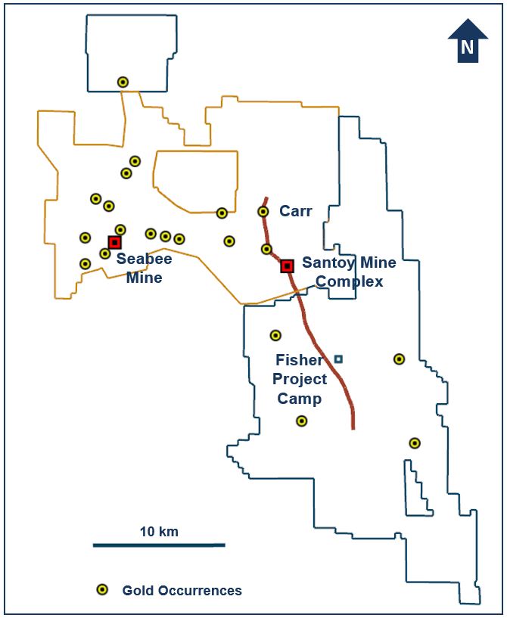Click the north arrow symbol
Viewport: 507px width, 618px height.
(x=468, y=41)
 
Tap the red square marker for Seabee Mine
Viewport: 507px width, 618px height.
(x=114, y=242)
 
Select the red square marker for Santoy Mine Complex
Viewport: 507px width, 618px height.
(x=287, y=266)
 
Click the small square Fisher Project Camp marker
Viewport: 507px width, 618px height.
(x=338, y=359)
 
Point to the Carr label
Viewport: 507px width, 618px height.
(x=295, y=211)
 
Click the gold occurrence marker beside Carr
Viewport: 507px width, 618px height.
(x=263, y=212)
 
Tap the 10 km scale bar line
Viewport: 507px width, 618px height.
(x=159, y=545)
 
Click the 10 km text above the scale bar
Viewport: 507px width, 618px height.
(x=159, y=531)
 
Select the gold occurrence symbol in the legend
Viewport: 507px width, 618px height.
(x=101, y=590)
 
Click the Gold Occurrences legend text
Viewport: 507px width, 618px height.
(x=182, y=590)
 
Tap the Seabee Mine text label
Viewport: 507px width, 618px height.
(x=144, y=268)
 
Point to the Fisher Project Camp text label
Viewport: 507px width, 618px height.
(x=300, y=379)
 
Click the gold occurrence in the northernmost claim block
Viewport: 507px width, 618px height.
(x=123, y=82)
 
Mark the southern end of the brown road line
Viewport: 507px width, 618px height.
(x=353, y=427)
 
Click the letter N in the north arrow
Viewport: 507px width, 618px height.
(x=468, y=48)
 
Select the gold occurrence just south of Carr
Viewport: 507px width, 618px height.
(x=266, y=249)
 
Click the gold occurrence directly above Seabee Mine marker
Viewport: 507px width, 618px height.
(x=120, y=229)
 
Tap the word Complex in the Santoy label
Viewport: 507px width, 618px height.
(x=349, y=282)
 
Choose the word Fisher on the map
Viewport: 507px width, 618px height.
(x=300, y=360)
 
